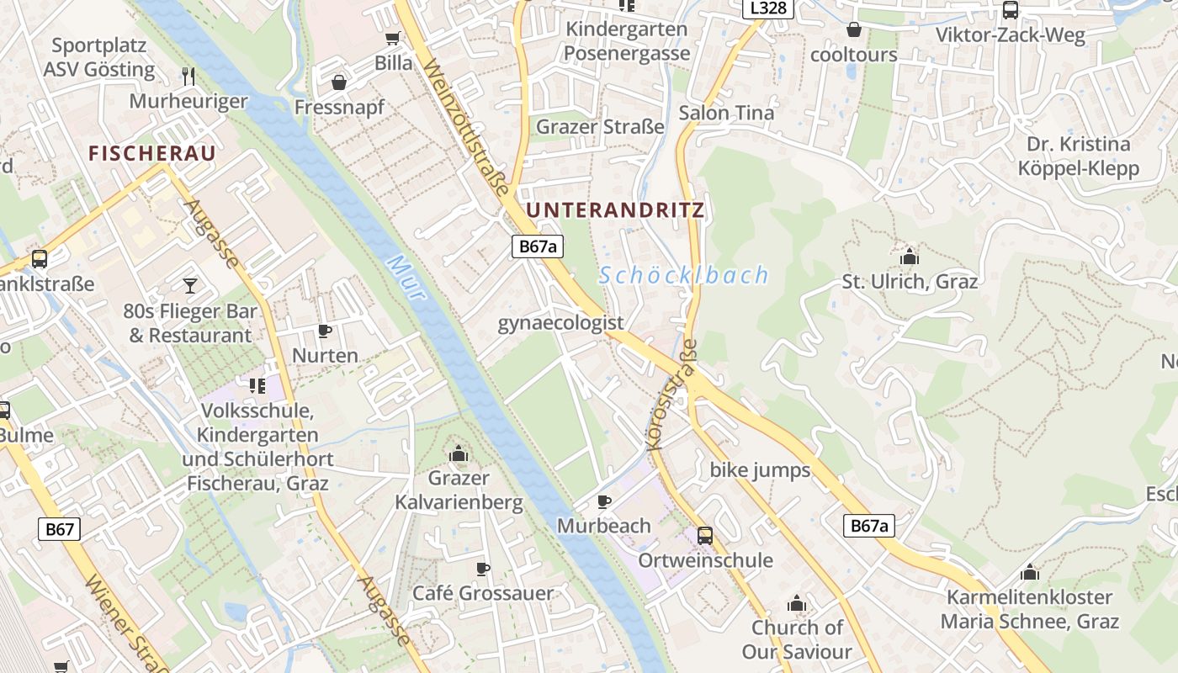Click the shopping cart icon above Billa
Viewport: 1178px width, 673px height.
point(392,38)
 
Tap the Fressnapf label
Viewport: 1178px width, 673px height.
point(339,107)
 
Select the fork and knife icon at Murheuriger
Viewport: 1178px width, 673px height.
point(188,76)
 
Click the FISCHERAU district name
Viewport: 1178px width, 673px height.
point(152,153)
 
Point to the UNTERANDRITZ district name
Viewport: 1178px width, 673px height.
point(614,210)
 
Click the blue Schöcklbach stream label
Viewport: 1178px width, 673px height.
point(684,275)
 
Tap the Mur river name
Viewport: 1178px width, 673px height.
point(406,278)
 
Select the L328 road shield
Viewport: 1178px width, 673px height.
point(768,8)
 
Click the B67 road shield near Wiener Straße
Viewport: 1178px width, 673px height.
point(60,529)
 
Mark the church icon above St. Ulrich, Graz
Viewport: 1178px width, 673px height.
point(909,256)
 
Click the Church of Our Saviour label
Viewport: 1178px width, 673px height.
point(797,639)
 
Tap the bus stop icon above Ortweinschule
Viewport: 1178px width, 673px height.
point(705,535)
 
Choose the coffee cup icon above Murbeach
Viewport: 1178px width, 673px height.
point(603,501)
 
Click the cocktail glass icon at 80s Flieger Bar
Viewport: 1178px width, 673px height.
point(190,285)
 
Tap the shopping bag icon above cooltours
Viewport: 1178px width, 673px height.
point(853,30)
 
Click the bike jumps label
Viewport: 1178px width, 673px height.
point(760,469)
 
